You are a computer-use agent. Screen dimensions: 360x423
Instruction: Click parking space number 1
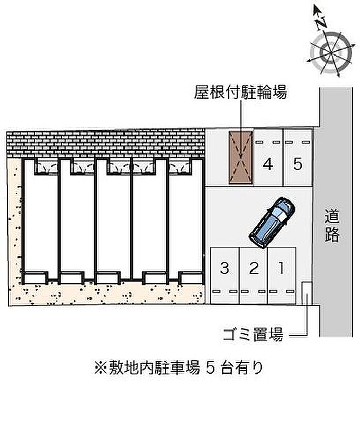pyautogui.click(x=281, y=275)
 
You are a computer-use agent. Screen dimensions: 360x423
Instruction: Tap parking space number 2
pyautogui.click(x=253, y=275)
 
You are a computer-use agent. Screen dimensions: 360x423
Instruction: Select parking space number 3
pyautogui.click(x=224, y=275)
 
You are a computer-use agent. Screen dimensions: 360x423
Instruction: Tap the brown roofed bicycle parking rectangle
pyautogui.click(x=241, y=157)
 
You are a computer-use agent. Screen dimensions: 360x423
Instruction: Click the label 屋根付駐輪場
pyautogui.click(x=240, y=92)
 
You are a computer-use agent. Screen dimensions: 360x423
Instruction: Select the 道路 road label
pyautogui.click(x=332, y=226)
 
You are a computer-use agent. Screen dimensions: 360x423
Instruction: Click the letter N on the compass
pyautogui.click(x=321, y=22)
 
